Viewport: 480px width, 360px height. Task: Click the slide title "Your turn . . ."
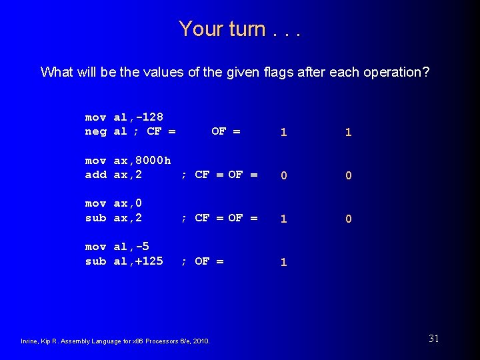click(239, 29)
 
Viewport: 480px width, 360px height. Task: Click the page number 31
click(433, 339)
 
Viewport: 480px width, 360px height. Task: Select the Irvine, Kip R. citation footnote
click(116, 341)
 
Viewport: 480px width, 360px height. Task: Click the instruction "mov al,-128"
click(124, 117)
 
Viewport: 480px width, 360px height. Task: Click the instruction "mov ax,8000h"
click(128, 161)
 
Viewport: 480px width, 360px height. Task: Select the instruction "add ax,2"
click(113, 175)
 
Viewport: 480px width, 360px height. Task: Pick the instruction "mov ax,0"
click(113, 203)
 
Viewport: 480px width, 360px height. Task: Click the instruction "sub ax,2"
click(113, 217)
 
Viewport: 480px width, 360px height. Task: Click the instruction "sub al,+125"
click(124, 261)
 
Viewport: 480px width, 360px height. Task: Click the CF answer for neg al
click(284, 133)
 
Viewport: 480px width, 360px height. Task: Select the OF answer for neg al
click(348, 133)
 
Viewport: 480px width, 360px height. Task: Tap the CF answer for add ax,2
click(284, 176)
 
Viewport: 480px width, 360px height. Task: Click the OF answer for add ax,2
click(348, 176)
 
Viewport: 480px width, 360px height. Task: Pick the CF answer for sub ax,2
click(284, 219)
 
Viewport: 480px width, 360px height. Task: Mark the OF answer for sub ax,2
click(348, 219)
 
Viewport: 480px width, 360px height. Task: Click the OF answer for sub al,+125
click(284, 263)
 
